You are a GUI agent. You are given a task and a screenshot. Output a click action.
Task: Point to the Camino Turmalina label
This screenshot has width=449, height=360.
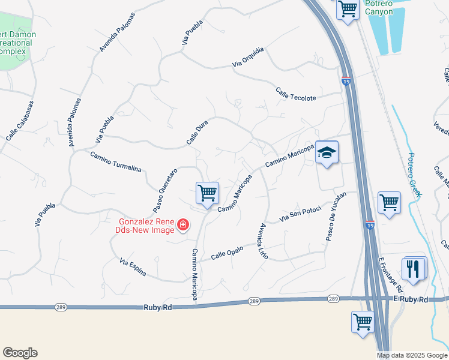tap(115, 161)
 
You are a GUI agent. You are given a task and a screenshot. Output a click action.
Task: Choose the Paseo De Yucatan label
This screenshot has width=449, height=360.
tap(336, 217)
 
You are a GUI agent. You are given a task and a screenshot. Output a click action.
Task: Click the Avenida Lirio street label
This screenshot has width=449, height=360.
tap(262, 241)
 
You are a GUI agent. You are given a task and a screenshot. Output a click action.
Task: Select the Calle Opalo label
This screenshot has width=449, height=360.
tap(227, 253)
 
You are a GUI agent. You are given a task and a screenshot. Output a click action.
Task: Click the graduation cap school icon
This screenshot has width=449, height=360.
tap(327, 154)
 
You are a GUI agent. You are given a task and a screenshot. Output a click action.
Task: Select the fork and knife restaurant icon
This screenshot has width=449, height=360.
tap(412, 268)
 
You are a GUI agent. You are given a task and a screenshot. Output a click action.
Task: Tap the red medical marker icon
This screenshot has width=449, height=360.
tap(182, 226)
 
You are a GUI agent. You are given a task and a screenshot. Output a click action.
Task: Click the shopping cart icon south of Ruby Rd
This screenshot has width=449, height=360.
tap(363, 321)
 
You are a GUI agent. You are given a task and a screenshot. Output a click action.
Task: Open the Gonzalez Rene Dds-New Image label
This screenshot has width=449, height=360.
tap(146, 226)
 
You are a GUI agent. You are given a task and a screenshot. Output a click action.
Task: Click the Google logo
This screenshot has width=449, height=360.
tap(20, 353)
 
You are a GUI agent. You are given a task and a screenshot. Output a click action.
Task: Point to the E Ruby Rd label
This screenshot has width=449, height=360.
tap(411, 299)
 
